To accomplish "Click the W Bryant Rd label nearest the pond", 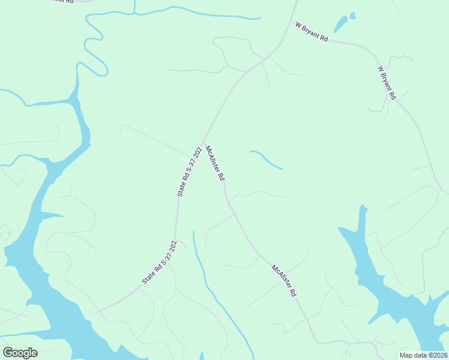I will tap(312, 31).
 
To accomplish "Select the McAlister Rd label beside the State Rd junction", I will tap(215, 163).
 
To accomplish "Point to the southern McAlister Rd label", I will tap(285, 281).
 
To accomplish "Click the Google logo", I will tap(20, 353).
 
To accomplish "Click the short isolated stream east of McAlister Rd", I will tap(266, 159).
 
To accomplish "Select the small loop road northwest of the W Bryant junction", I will tap(231, 48).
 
